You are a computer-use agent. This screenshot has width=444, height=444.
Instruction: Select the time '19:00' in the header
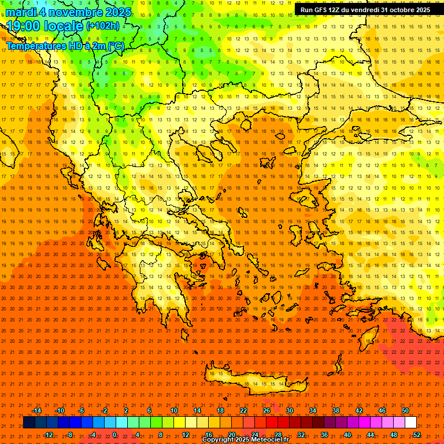[x=24, y=26]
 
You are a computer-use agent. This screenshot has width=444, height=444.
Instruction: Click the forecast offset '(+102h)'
[x=103, y=26]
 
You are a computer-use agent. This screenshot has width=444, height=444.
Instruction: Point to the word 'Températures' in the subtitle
[x=34, y=46]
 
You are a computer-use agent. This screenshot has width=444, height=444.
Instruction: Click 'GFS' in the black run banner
[x=323, y=10]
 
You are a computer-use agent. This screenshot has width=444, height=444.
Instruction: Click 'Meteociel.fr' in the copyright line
[x=266, y=440]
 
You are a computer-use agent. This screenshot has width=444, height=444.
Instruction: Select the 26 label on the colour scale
[x=266, y=410]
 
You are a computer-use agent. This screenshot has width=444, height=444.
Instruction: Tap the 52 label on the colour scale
[x=417, y=435]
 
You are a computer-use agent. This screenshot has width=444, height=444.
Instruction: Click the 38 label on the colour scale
[x=335, y=410]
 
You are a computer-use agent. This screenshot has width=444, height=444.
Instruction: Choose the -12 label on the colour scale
[x=49, y=435]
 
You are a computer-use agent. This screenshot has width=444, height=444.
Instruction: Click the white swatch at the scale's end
[x=410, y=423]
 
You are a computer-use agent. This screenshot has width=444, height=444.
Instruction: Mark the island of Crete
[x=254, y=379]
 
